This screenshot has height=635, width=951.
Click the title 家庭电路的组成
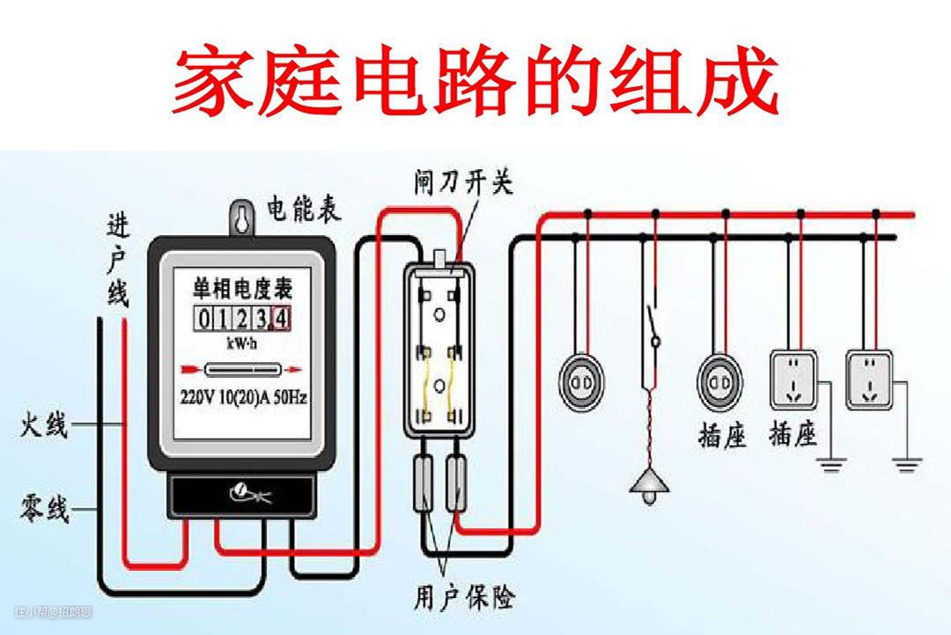475,81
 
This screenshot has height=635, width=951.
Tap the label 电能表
305,210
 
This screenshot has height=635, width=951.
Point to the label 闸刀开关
463,182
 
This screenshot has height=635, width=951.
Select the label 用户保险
464,598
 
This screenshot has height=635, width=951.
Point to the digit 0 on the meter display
203,317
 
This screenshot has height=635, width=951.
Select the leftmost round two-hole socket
580,381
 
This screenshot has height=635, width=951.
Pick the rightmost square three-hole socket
869,380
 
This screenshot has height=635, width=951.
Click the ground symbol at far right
907,462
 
